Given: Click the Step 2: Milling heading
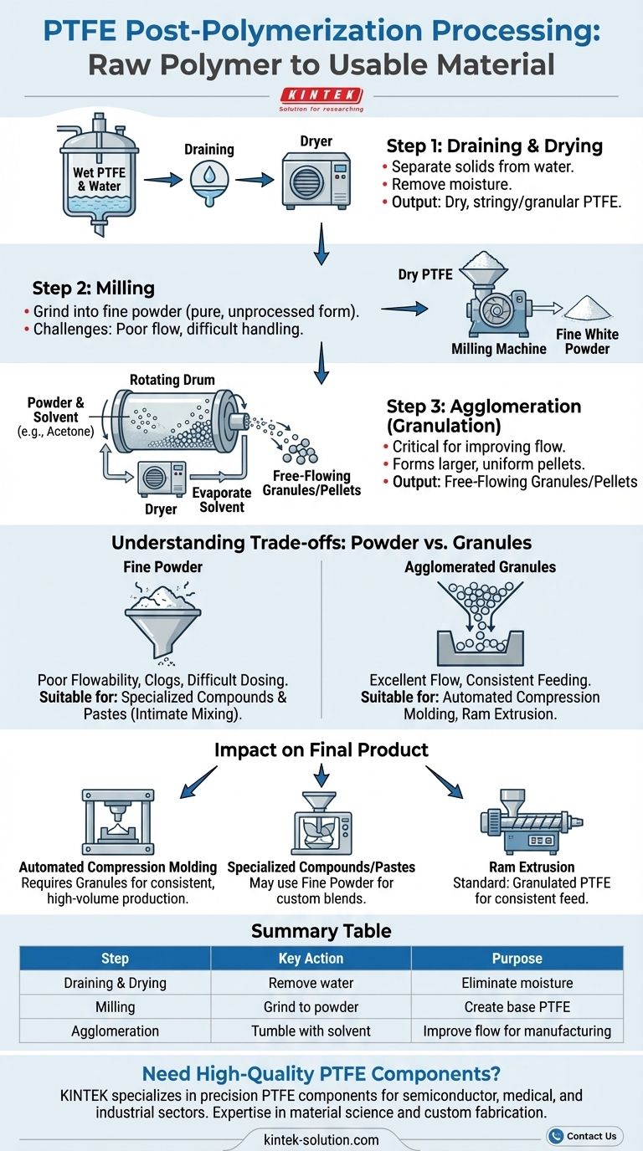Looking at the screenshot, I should click(x=94, y=289).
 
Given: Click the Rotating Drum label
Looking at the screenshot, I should click(x=172, y=380).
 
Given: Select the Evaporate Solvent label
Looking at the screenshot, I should click(x=222, y=500).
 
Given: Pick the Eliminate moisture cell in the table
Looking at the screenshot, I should click(x=517, y=983).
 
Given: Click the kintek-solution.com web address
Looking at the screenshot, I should click(x=321, y=1139).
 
